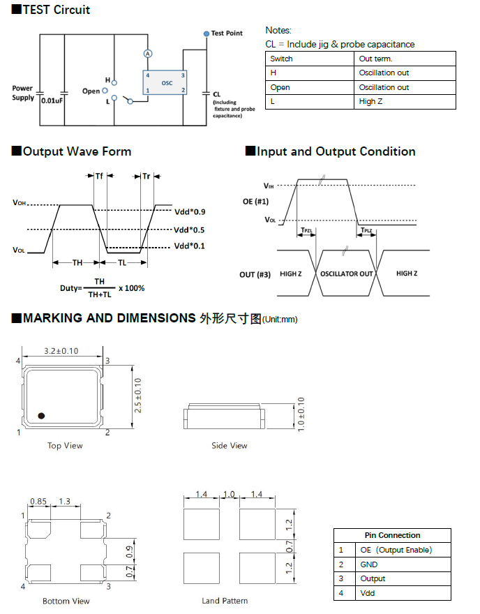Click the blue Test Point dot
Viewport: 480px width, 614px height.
pos(207,33)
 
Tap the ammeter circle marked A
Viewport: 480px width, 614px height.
pos(148,54)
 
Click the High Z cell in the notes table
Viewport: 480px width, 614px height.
pos(370,102)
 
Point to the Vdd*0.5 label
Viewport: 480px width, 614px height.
pos(189,230)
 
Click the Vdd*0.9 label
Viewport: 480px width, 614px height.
pos(189,211)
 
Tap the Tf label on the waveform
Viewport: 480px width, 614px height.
pos(99,177)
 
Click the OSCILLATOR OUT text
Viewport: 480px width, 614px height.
pos(347,274)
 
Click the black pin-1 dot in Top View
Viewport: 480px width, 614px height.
pos(42,415)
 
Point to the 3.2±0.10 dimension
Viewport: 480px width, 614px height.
pos(61,351)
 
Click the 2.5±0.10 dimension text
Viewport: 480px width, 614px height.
pos(138,395)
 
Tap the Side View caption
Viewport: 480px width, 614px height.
pos(230,446)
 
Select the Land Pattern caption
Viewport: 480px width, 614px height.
pos(225,601)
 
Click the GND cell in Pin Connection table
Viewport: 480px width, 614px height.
pos(369,564)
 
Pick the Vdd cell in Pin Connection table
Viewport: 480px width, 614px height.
pos(368,593)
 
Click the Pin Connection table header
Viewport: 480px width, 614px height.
pos(392,536)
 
